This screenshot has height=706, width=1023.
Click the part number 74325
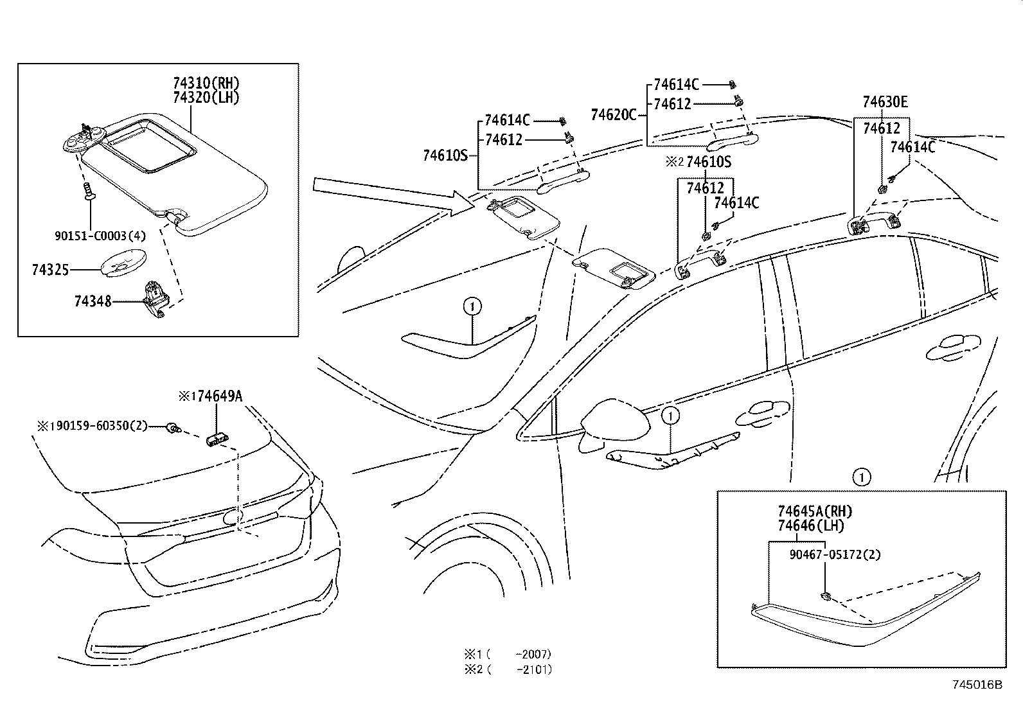point(49,270)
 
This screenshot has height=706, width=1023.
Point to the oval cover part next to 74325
point(121,263)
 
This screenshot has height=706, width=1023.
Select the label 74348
point(93,301)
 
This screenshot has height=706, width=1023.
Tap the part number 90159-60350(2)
point(99,426)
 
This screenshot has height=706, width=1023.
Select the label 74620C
point(612,115)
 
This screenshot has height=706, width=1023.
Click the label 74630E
point(885,102)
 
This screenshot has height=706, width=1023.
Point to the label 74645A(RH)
point(814,511)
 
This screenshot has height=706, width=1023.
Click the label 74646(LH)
point(811,525)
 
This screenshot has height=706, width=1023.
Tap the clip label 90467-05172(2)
point(835,554)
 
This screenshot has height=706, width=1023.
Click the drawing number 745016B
point(977,685)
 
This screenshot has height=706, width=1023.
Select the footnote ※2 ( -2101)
point(508,669)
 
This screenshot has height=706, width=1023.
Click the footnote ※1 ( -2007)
point(508,655)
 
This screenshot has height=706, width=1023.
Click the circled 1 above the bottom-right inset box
point(861,477)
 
